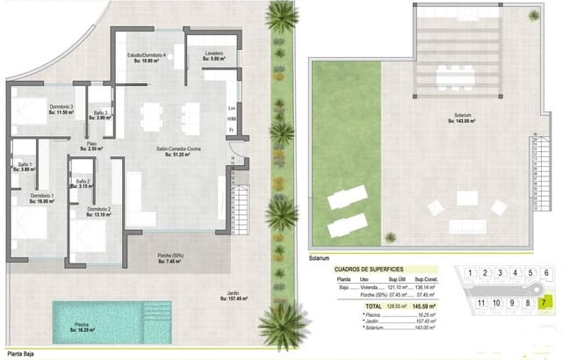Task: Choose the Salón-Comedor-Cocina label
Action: (x=178, y=152)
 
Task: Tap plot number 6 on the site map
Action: (x=545, y=273)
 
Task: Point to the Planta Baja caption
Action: (x=24, y=353)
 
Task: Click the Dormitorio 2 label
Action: (x=99, y=211)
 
